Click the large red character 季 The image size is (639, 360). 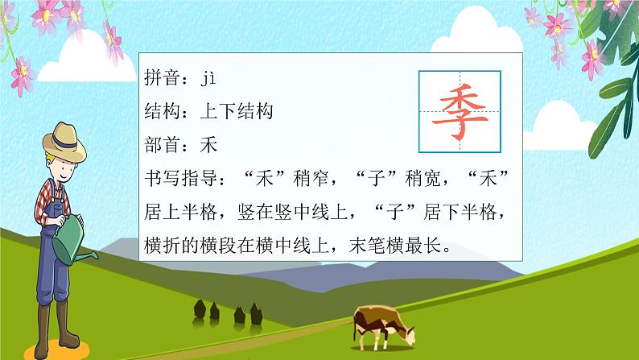(460, 111)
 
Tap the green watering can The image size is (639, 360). (77, 234)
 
